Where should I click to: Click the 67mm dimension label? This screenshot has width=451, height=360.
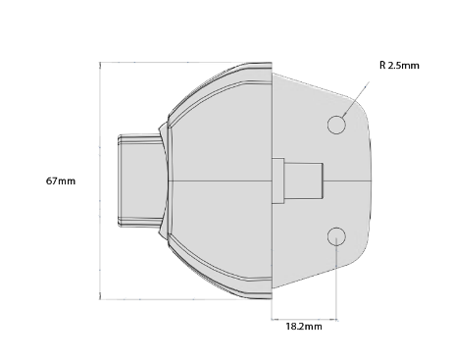pyautogui.click(x=61, y=180)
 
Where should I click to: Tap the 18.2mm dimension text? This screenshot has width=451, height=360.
pyautogui.click(x=304, y=327)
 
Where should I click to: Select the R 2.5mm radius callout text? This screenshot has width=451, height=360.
pyautogui.click(x=399, y=66)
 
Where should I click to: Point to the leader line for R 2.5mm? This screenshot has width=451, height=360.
pyautogui.click(x=356, y=100)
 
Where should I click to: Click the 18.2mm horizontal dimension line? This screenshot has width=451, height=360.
pyautogui.click(x=304, y=319)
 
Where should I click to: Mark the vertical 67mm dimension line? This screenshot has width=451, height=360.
pyautogui.click(x=100, y=180)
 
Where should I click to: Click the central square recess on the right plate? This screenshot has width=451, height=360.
pyautogui.click(x=303, y=180)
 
